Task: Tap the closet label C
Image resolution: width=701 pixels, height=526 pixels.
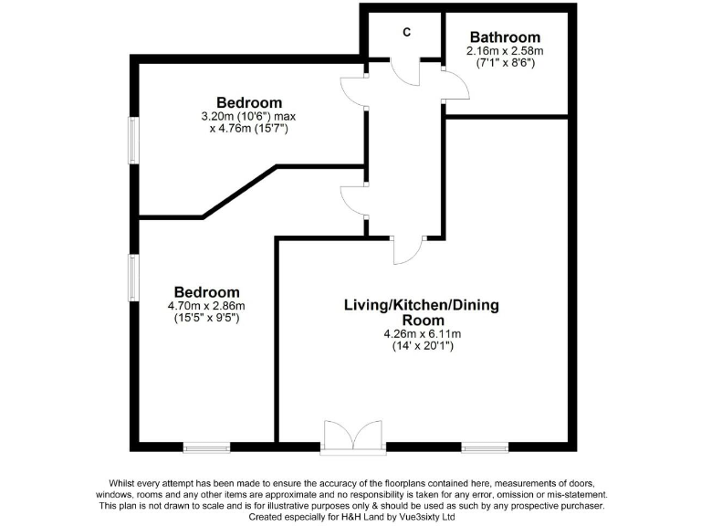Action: (x=407, y=32)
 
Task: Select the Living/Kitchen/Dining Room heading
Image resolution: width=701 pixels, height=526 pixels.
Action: (x=421, y=312)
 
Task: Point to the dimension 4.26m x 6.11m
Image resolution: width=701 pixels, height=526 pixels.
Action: (x=421, y=334)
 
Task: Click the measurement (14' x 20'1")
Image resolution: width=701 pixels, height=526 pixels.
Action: (x=421, y=347)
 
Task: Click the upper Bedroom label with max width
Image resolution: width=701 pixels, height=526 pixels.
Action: (x=249, y=102)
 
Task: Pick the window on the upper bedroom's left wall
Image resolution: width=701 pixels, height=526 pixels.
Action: (x=133, y=142)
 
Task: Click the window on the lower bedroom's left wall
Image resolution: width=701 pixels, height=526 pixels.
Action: (x=133, y=278)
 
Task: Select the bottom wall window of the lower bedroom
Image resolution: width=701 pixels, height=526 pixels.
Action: (x=206, y=447)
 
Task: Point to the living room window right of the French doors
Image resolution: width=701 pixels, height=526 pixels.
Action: (x=485, y=447)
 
